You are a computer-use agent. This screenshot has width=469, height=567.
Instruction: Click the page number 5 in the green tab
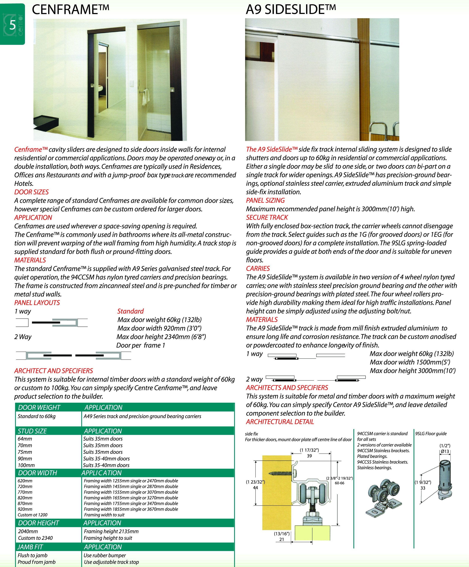click(12, 25)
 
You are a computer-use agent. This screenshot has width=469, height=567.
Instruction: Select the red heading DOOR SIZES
click(31, 192)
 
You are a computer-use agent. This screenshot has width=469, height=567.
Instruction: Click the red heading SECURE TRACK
click(267, 217)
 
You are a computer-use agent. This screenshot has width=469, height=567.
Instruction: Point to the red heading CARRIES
click(258, 268)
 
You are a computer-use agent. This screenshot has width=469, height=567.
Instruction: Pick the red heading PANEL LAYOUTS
click(37, 303)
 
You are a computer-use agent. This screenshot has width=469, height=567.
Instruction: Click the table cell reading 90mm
click(25, 458)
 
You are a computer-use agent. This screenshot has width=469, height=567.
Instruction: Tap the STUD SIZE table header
click(32, 431)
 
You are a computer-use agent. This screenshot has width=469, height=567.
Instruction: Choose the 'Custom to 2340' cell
click(35, 538)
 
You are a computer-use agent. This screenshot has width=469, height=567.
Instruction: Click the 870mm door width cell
click(25, 503)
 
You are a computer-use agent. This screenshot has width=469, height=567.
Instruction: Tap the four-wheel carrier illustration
click(384, 497)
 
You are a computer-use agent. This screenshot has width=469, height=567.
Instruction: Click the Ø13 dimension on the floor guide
click(445, 451)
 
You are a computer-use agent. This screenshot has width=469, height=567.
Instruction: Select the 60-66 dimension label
click(339, 483)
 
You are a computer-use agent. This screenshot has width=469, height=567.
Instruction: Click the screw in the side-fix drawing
click(281, 473)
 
